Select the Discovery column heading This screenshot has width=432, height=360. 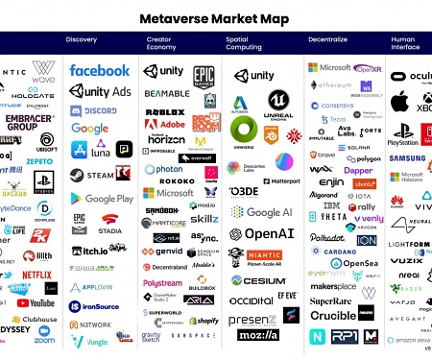coord(81,39)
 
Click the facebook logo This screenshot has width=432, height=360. coord(99,70)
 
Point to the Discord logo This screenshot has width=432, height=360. coord(93,110)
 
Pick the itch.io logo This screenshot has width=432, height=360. coord(88,251)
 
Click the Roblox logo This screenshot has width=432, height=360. coord(164,112)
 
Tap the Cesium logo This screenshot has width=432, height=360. coord(257,280)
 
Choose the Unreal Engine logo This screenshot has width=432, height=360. coord(279,105)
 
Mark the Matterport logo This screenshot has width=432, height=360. coord(279,180)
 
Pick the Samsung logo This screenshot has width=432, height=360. coord(407,158)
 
